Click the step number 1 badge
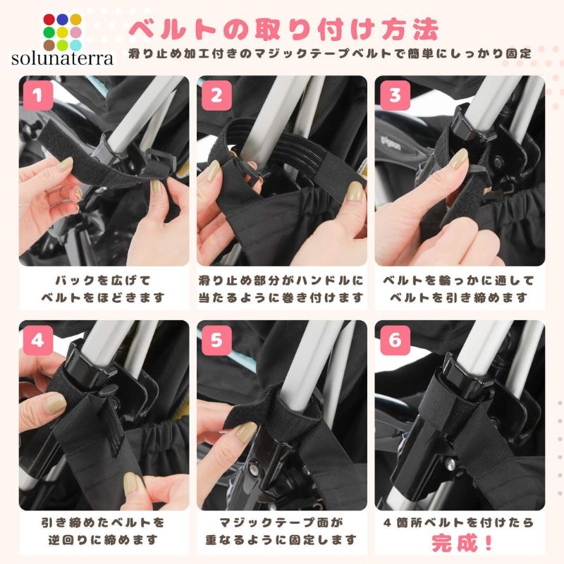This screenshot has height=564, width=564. pyautogui.click(x=38, y=95)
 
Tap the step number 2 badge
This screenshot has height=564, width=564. pyautogui.click(x=216, y=95)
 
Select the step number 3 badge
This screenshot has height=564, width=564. pyautogui.click(x=395, y=95)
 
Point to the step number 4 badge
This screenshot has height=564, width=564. pyautogui.click(x=38, y=340)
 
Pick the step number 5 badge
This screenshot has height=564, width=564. pyautogui.click(x=216, y=340)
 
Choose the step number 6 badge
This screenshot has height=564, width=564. pyautogui.click(x=395, y=340)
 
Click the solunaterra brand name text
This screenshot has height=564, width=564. pyautogui.click(x=62, y=59)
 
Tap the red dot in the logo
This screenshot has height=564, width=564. pyautogui.click(x=49, y=20)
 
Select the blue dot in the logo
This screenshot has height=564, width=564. pyautogui.click(x=62, y=20)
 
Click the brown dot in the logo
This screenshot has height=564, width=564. pyautogui.click(x=49, y=45)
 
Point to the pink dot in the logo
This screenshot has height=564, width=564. pyautogui.click(x=75, y=32)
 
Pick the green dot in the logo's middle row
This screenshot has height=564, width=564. pyautogui.click(x=49, y=32)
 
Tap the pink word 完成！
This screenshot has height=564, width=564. pyautogui.click(x=462, y=542)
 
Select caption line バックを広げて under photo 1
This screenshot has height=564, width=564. pyautogui.click(x=103, y=281)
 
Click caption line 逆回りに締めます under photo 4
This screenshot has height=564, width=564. pyautogui.click(x=103, y=539)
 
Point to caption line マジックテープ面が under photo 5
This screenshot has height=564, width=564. pyautogui.click(x=281, y=522)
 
